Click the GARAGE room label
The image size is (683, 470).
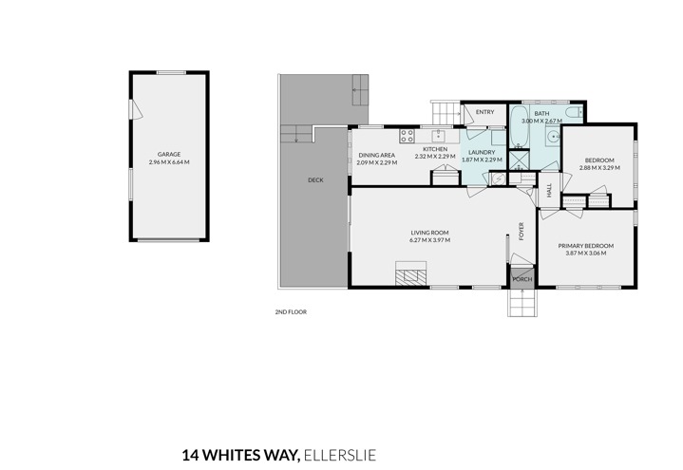point(169,154)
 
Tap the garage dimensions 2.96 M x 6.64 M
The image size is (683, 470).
point(169,162)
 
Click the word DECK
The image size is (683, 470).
point(315,179)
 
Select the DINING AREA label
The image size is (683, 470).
point(376,155)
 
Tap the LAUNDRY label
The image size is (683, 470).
point(482,152)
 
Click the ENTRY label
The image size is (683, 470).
point(484,112)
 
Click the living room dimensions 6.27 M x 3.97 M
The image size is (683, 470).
point(429,240)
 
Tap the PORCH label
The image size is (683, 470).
point(522,279)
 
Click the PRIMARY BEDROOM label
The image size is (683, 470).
point(589,246)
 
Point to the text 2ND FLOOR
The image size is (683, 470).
point(291,311)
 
